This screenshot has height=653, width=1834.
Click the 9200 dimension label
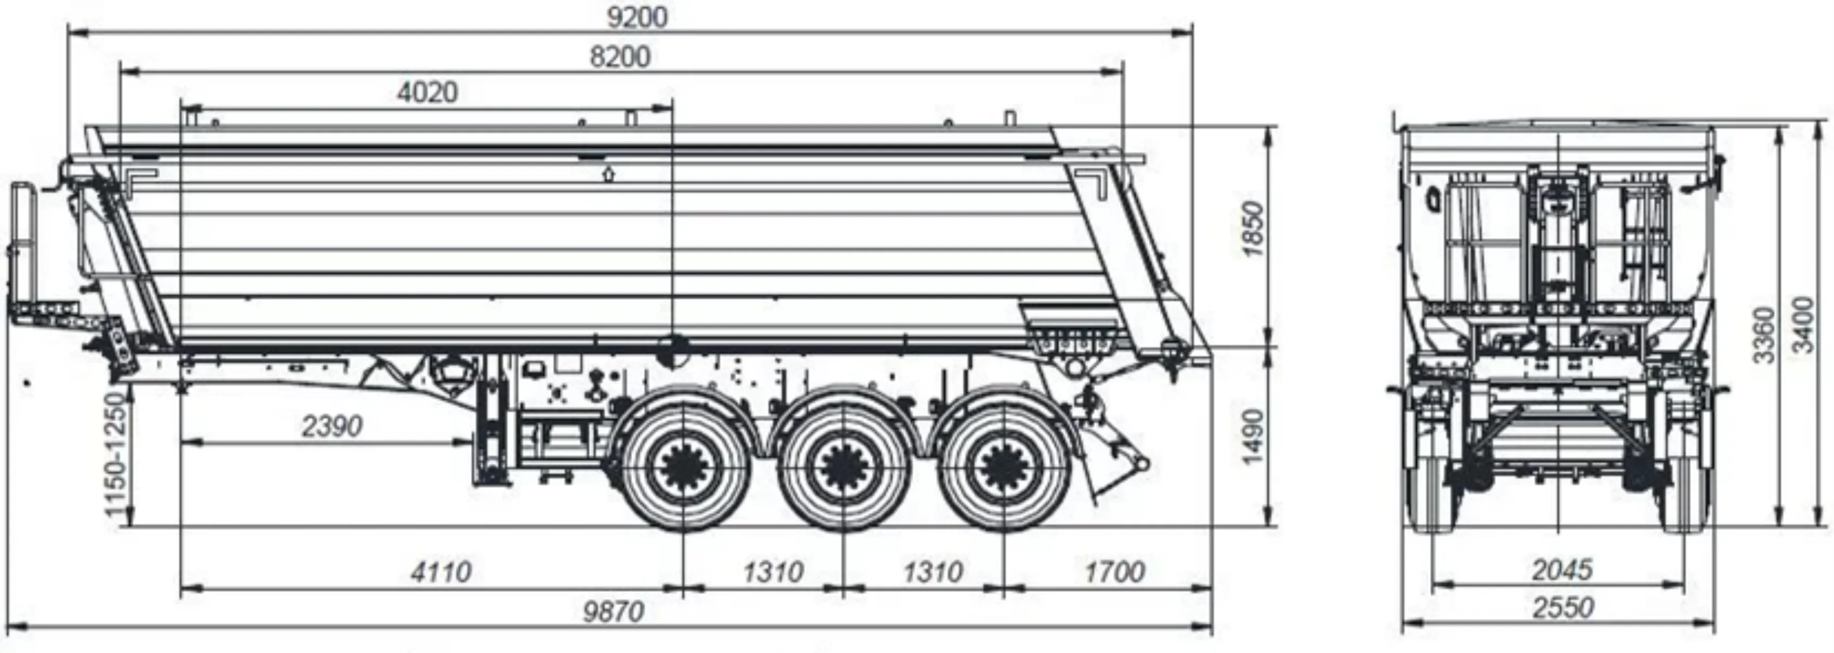(x=637, y=17)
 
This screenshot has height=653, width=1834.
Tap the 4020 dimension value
(x=427, y=92)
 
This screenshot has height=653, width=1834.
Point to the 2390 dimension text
(x=332, y=426)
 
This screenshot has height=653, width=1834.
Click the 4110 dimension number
(x=441, y=571)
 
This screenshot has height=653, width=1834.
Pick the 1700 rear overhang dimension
(x=1115, y=571)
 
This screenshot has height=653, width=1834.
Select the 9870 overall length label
(x=613, y=611)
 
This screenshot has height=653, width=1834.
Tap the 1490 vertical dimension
(x=1251, y=436)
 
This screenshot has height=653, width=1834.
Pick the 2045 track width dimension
(x=1561, y=570)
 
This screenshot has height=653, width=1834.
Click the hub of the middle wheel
(x=844, y=467)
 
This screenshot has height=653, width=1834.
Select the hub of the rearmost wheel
(x=1004, y=467)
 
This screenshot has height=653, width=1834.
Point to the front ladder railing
(x=23, y=252)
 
